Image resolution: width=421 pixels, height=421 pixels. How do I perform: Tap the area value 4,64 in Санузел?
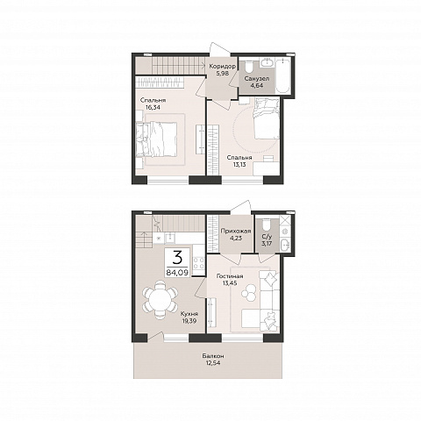(256, 86)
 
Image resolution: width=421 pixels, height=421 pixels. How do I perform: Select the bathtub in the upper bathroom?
(282, 75)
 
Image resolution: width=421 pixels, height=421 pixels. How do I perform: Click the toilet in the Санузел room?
(249, 67)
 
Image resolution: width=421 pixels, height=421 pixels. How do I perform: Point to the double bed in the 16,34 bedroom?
(157, 139)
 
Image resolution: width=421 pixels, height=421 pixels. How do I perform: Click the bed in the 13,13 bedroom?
(267, 118)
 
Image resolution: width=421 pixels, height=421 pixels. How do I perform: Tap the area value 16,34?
(153, 107)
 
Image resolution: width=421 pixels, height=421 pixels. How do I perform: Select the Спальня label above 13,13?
(239, 158)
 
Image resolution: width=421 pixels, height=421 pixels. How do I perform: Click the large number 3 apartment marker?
(177, 258)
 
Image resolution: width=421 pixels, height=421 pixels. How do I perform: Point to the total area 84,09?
(177, 273)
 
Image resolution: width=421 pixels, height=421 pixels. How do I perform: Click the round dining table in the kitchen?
(161, 299)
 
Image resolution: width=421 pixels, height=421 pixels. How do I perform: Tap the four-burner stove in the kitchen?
(199, 262)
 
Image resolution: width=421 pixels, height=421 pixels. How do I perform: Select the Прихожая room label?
(236, 232)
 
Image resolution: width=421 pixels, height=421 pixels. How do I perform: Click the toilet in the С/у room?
(267, 225)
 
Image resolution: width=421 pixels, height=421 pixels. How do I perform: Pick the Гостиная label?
(230, 276)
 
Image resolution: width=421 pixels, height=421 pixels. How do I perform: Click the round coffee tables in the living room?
(249, 293)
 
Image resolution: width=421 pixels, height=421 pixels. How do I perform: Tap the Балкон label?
(213, 356)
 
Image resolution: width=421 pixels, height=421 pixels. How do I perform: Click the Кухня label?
(189, 314)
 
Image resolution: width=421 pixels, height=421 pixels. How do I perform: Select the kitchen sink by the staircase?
(170, 238)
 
